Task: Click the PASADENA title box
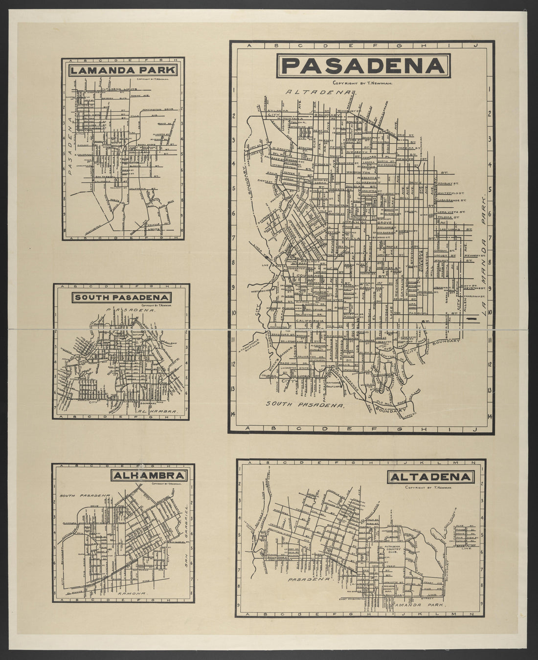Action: pos(361,66)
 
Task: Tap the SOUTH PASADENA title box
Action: pos(121,297)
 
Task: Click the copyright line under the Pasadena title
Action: pos(361,83)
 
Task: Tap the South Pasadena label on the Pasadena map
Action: pos(306,405)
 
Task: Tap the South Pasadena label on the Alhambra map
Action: pos(84,496)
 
